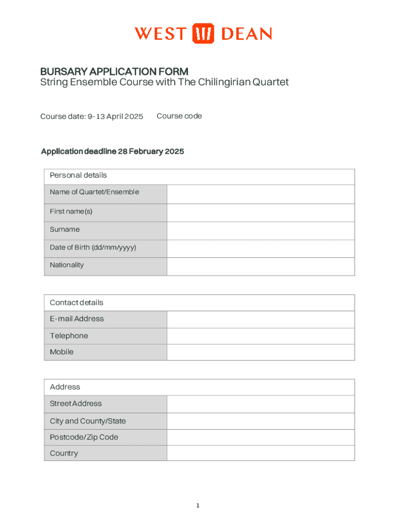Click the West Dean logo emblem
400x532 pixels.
coord(203,34)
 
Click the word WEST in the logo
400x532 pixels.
coord(159,34)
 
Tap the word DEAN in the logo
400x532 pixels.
coord(247,34)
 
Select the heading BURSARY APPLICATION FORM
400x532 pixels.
coord(114,72)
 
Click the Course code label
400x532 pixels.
coord(179,116)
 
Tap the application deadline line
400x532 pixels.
coord(112,152)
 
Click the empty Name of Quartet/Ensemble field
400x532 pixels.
coord(260,194)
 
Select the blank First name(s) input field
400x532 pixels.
coord(260,212)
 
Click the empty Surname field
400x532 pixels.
coord(260,231)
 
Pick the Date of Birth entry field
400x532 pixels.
coord(260,248)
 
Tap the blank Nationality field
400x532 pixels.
coord(260,266)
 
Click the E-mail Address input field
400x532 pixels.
coord(260,319)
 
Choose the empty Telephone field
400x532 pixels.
coord(260,336)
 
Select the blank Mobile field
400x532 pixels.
coord(260,352)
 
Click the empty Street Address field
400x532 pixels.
coord(260,404)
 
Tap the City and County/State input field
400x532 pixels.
coord(260,421)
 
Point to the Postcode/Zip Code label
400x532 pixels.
coord(84,437)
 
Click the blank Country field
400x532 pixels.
coord(260,453)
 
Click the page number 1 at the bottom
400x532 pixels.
coord(198,506)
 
